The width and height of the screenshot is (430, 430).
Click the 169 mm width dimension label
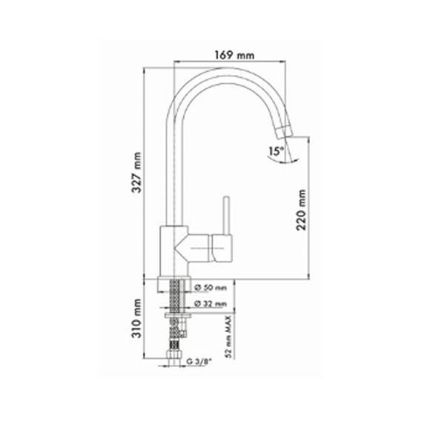[234, 55]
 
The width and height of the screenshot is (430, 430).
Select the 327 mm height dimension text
[136, 172]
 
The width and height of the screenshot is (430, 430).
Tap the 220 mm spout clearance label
[301, 210]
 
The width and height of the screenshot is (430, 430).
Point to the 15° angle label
[276, 151]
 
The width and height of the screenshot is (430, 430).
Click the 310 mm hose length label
[136, 318]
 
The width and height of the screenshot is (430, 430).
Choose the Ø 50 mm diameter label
[211, 288]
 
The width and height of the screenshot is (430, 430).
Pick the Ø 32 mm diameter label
[211, 304]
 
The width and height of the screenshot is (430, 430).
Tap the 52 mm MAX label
[229, 337]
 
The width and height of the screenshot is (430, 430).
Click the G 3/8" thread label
[199, 362]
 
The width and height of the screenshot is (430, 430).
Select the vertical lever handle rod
[226, 215]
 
